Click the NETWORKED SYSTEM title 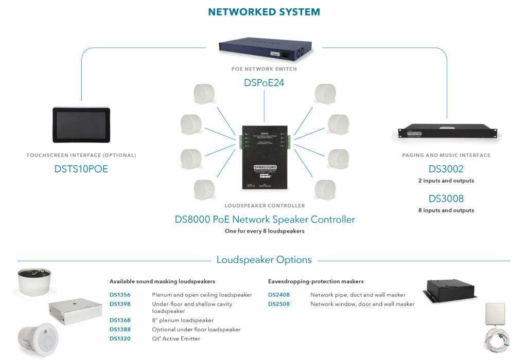(x=263, y=12)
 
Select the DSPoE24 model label (x=263, y=82)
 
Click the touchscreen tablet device (x=81, y=125)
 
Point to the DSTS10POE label (x=81, y=169)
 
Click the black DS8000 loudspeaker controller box (x=265, y=156)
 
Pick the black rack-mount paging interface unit (x=446, y=132)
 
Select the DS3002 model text (x=446, y=169)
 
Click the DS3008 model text (x=446, y=199)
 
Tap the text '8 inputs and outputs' (x=446, y=210)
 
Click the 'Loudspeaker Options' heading (x=263, y=260)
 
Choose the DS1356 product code (x=120, y=295)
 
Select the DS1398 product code (x=120, y=304)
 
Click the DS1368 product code (x=120, y=320)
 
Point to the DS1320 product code (x=120, y=338)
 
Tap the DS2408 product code (x=278, y=295)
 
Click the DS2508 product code (x=278, y=304)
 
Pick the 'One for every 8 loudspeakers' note (x=265, y=231)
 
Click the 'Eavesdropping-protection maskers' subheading (x=315, y=281)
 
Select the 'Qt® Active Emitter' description (x=175, y=338)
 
